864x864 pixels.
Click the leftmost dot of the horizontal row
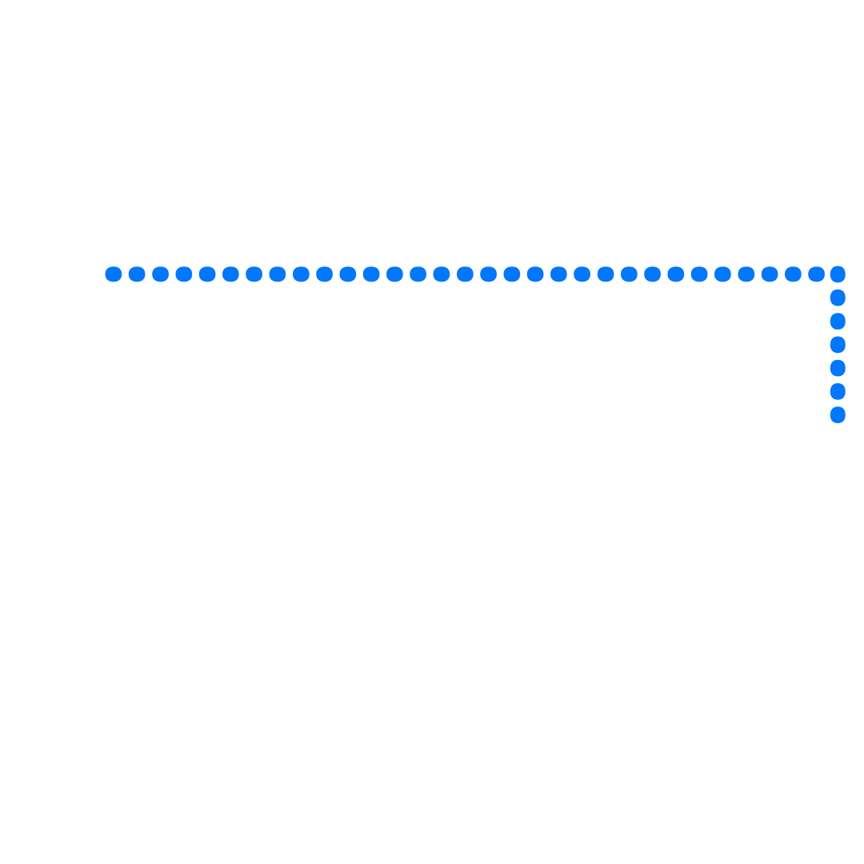click(x=114, y=274)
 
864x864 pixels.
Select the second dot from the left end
click(x=137, y=274)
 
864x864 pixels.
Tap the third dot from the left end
click(x=160, y=274)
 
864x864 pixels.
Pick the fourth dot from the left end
click(x=184, y=274)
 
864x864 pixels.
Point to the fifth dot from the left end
click(x=207, y=274)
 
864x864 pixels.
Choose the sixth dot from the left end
click(x=230, y=274)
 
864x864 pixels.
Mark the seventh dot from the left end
click(x=254, y=274)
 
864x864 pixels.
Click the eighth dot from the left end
click(x=278, y=274)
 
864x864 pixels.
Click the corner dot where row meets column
click(x=838, y=274)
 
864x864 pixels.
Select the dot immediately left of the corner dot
click(x=816, y=274)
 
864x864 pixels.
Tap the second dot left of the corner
click(x=793, y=274)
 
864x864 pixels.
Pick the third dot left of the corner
click(x=770, y=274)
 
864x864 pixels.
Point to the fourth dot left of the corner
click(x=746, y=274)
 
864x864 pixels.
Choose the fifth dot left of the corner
click(x=722, y=274)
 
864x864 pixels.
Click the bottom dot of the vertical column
click(x=838, y=414)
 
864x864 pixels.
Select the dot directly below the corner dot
click(x=838, y=298)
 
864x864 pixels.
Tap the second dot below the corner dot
click(x=838, y=321)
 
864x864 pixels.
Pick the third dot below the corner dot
click(x=838, y=345)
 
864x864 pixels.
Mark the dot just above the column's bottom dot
click(x=838, y=391)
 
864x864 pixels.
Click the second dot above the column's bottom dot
click(x=838, y=368)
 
